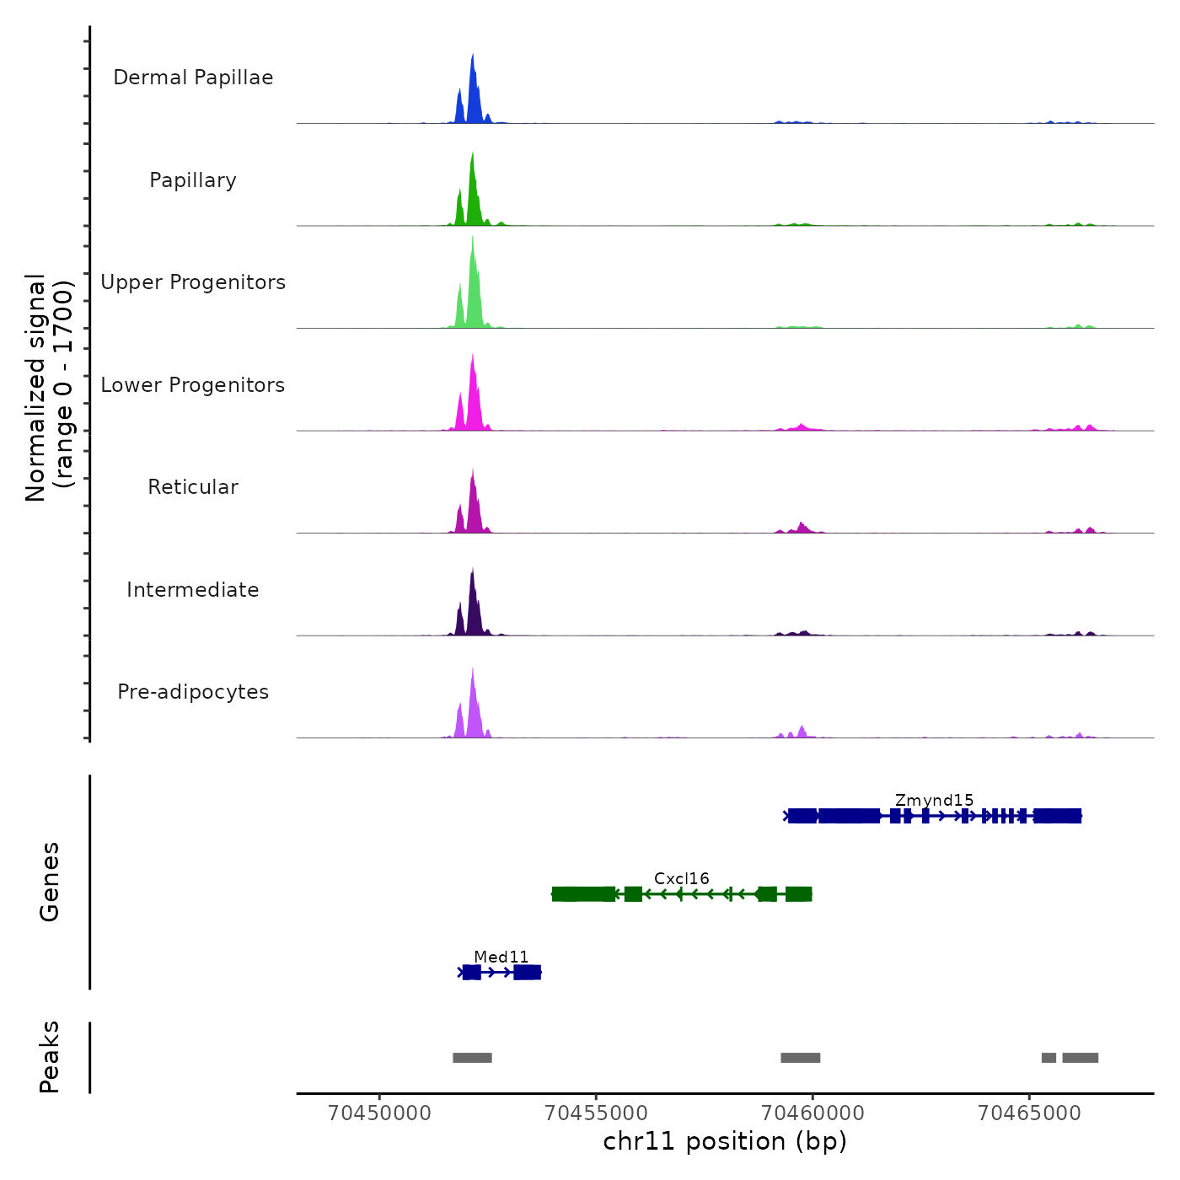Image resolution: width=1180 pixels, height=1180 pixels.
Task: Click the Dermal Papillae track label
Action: [193, 78]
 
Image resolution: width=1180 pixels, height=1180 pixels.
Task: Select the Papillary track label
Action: [193, 180]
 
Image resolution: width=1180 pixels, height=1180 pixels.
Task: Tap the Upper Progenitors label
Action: [193, 282]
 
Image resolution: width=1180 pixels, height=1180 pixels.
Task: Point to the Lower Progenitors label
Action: [193, 385]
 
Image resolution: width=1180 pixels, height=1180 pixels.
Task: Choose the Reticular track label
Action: [193, 487]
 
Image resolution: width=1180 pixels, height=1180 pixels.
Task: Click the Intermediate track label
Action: [193, 590]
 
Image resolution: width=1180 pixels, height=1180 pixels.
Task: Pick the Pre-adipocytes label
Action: [193, 692]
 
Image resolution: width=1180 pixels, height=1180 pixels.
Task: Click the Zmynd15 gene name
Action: [934, 800]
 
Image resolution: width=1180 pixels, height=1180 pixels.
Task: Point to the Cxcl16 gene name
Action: [681, 878]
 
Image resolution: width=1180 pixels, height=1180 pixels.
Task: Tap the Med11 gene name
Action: [501, 957]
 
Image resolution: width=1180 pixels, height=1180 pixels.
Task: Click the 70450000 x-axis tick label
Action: [379, 1113]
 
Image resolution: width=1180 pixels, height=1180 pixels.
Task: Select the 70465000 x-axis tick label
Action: [1029, 1113]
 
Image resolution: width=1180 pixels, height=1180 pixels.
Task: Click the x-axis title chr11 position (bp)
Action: [725, 1141]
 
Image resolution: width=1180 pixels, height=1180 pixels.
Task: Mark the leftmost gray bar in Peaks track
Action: [472, 1058]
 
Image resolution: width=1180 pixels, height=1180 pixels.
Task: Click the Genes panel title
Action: [50, 882]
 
